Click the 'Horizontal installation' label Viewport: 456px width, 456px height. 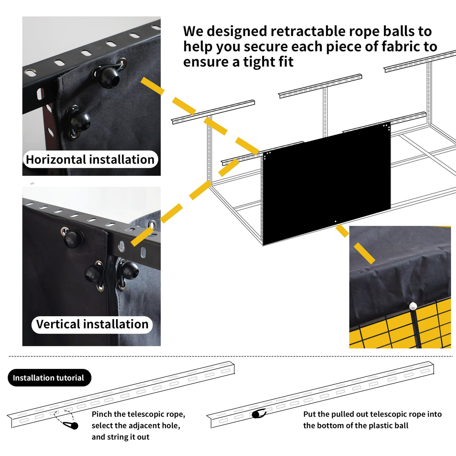point(90,160)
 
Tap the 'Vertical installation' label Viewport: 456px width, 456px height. point(92,324)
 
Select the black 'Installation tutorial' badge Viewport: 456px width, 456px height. point(49,378)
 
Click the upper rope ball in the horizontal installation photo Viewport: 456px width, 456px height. point(109,77)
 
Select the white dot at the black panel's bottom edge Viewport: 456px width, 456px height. point(335,222)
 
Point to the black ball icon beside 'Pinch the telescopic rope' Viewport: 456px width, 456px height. point(74,426)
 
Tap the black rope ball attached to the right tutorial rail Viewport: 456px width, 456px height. point(257,414)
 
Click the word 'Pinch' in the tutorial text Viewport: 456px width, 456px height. point(101,414)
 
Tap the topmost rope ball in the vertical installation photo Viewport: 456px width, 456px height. point(72,239)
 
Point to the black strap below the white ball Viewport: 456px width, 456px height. point(413,327)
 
